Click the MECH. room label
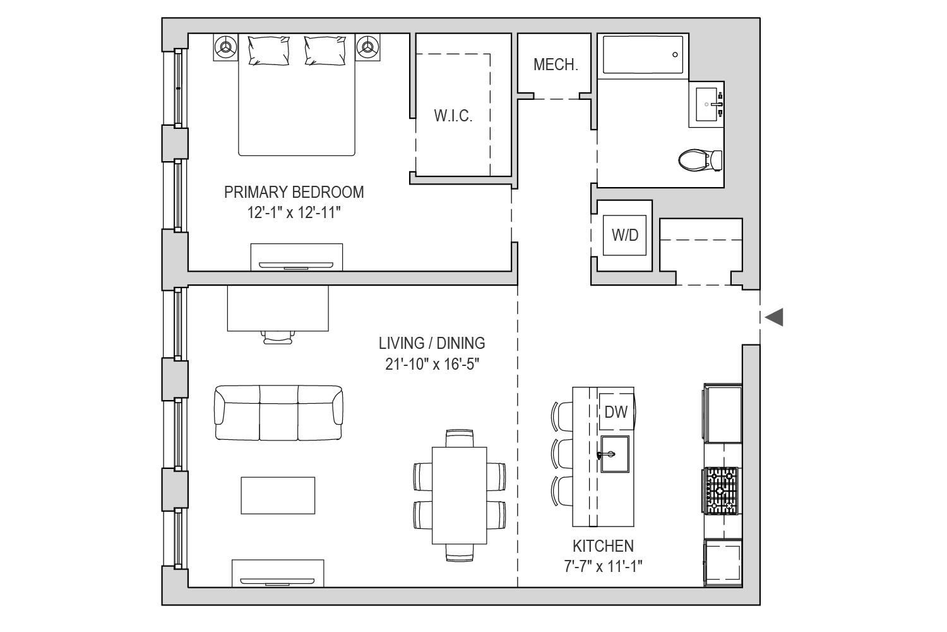(556, 64)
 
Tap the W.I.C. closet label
(453, 116)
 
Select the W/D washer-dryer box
(624, 235)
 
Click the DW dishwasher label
(616, 412)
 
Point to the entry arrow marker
(774, 317)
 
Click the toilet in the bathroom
(700, 160)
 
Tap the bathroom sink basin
(706, 104)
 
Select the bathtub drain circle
(675, 54)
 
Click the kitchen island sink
(615, 454)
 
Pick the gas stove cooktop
(720, 490)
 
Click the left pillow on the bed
(268, 51)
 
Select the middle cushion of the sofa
(278, 413)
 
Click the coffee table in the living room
(278, 495)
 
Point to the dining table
(459, 495)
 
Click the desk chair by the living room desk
(278, 337)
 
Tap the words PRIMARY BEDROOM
(294, 192)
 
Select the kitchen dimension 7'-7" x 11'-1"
(603, 566)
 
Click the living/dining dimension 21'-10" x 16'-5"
(432, 363)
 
